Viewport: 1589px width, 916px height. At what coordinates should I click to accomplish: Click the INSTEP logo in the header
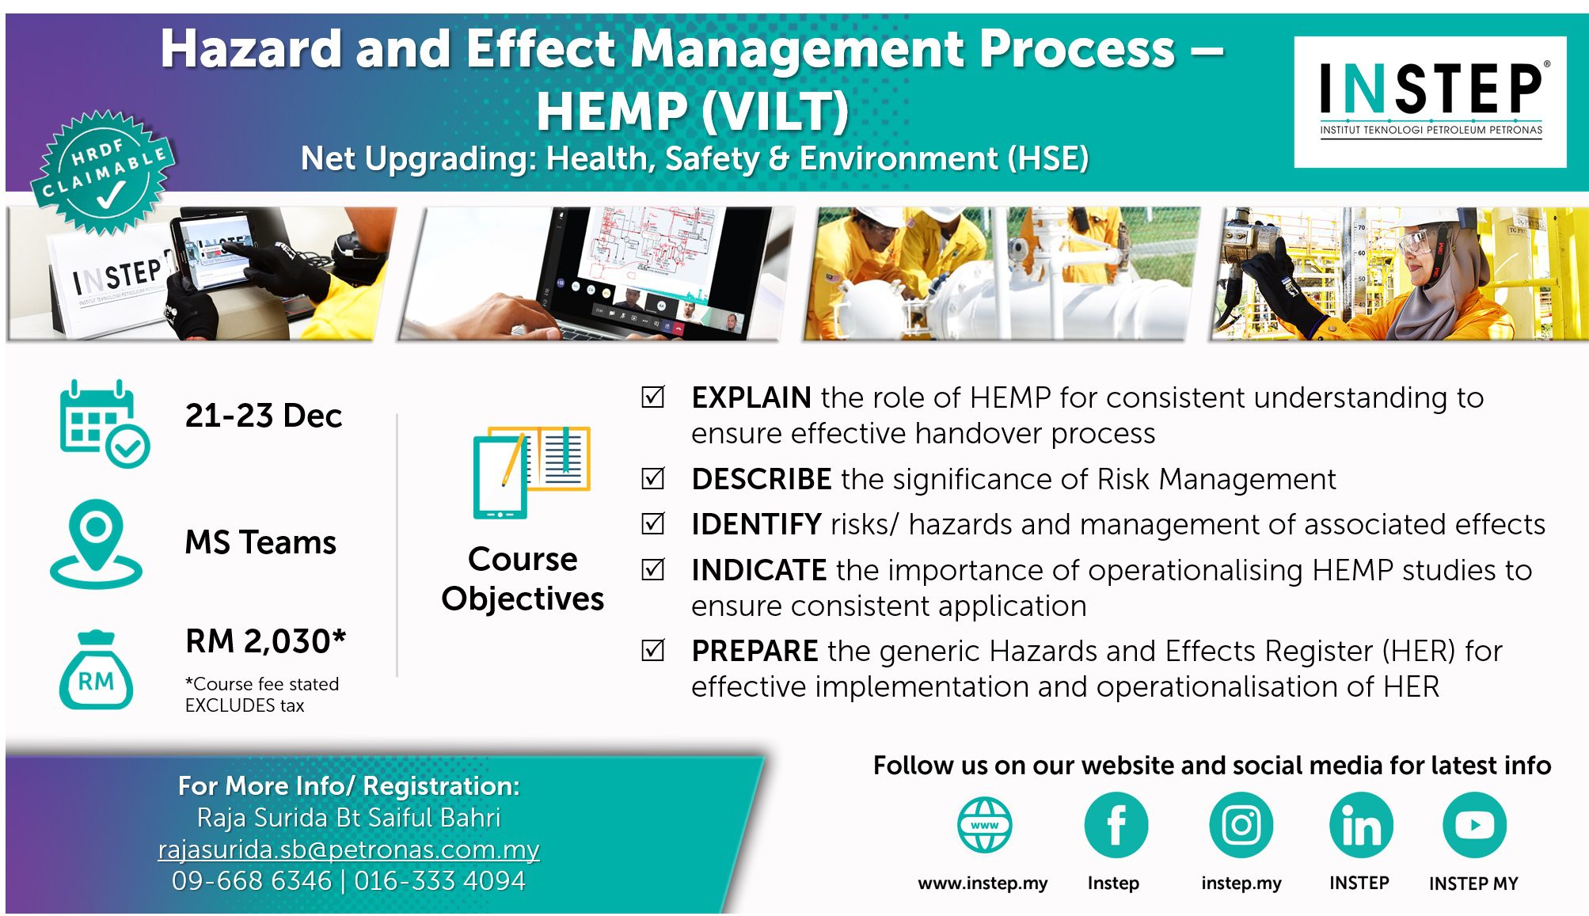pos(1430,101)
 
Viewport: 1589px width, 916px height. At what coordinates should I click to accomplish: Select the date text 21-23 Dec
pos(264,416)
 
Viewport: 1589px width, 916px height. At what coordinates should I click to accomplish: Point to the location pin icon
pos(96,544)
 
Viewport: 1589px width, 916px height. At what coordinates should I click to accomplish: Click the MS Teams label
pos(260,542)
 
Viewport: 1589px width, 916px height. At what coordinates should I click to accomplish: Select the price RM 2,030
pos(266,640)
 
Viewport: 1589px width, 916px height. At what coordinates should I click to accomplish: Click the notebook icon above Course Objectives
pos(531,472)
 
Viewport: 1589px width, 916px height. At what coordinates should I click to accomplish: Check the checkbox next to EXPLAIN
pos(653,397)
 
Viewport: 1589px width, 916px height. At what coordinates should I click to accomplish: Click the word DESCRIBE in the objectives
pos(761,479)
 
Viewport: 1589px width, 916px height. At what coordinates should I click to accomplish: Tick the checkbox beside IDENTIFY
pos(653,523)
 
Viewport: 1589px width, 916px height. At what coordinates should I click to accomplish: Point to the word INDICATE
pos(758,570)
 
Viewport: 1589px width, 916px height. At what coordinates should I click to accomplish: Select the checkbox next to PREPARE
pos(653,650)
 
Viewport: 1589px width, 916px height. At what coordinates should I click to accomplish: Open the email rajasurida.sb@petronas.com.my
pos(348,849)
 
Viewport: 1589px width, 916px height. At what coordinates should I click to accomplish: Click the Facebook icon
pos(1116,825)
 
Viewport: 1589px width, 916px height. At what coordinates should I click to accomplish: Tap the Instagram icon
pos(1241,825)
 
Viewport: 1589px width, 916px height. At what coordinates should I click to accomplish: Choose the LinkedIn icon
pos(1361,825)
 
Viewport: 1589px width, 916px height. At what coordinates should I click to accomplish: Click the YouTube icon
pos(1474,825)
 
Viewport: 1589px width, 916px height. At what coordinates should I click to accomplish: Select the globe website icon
pos(984,825)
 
